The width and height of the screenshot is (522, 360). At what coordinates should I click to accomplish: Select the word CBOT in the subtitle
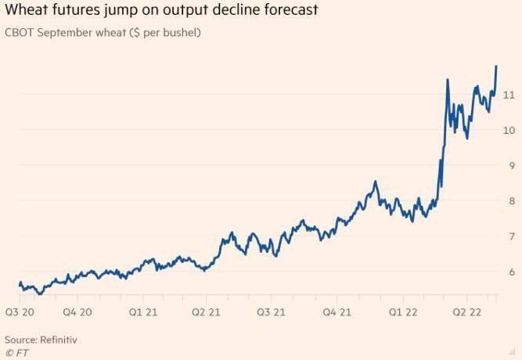[x=21, y=36]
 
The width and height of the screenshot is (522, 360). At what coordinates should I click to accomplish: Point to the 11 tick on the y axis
[x=508, y=95]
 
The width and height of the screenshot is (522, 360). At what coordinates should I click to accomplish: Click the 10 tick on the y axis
[x=508, y=130]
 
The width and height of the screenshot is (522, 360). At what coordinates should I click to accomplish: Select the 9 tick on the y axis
[x=510, y=166]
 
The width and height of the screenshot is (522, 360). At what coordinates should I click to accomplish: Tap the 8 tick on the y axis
[x=510, y=201]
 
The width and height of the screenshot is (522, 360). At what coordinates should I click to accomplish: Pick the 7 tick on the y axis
[x=510, y=236]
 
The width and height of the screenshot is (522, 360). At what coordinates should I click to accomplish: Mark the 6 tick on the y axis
[x=510, y=272]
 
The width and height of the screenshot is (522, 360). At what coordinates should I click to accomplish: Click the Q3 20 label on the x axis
[x=20, y=311]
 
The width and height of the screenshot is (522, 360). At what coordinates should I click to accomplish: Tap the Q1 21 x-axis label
[x=143, y=311]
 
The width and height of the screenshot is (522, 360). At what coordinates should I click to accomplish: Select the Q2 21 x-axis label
[x=207, y=311]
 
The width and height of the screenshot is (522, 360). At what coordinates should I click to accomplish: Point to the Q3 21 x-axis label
[x=271, y=311]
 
